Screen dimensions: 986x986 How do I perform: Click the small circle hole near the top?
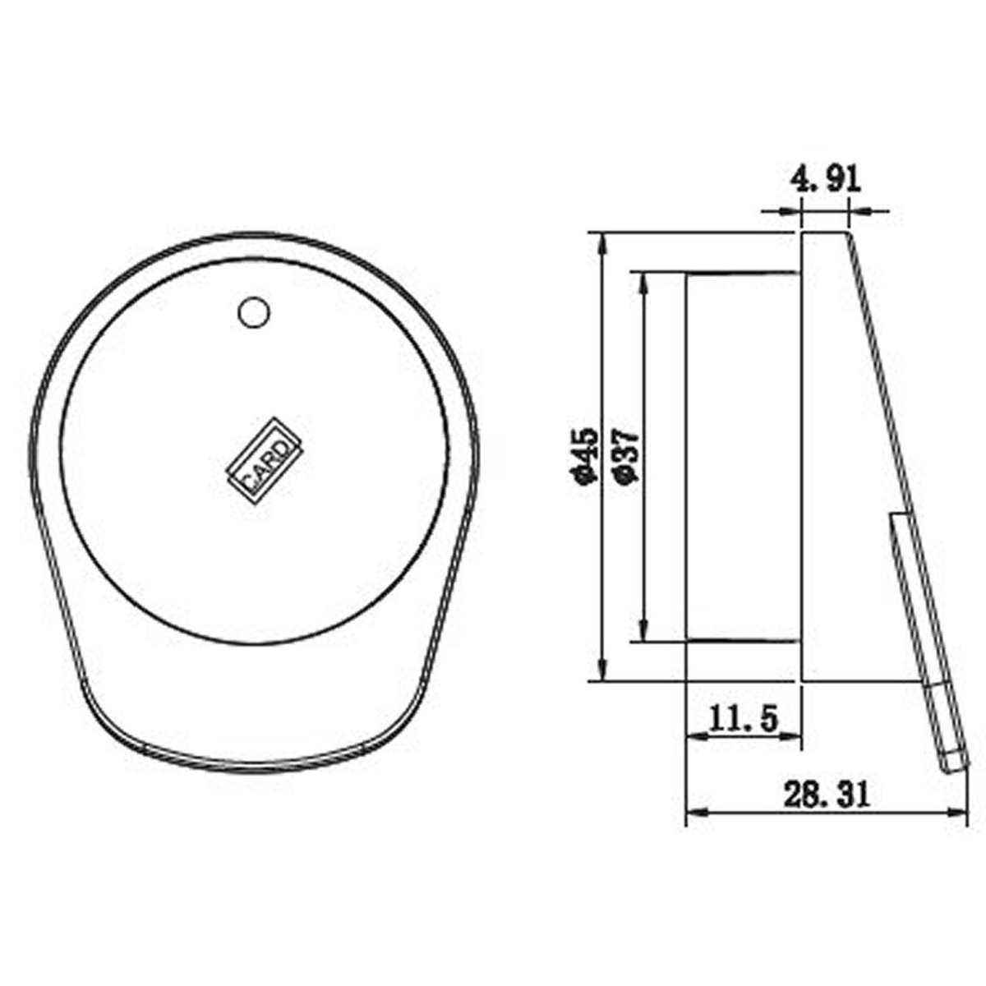click(x=254, y=312)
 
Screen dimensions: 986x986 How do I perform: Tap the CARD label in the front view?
click(x=263, y=461)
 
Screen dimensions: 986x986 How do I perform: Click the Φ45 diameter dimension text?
click(x=585, y=454)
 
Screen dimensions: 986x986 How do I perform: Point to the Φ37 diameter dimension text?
click(x=627, y=455)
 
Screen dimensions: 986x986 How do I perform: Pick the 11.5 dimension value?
click(x=744, y=720)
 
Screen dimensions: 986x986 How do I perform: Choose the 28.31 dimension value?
click(x=827, y=797)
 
